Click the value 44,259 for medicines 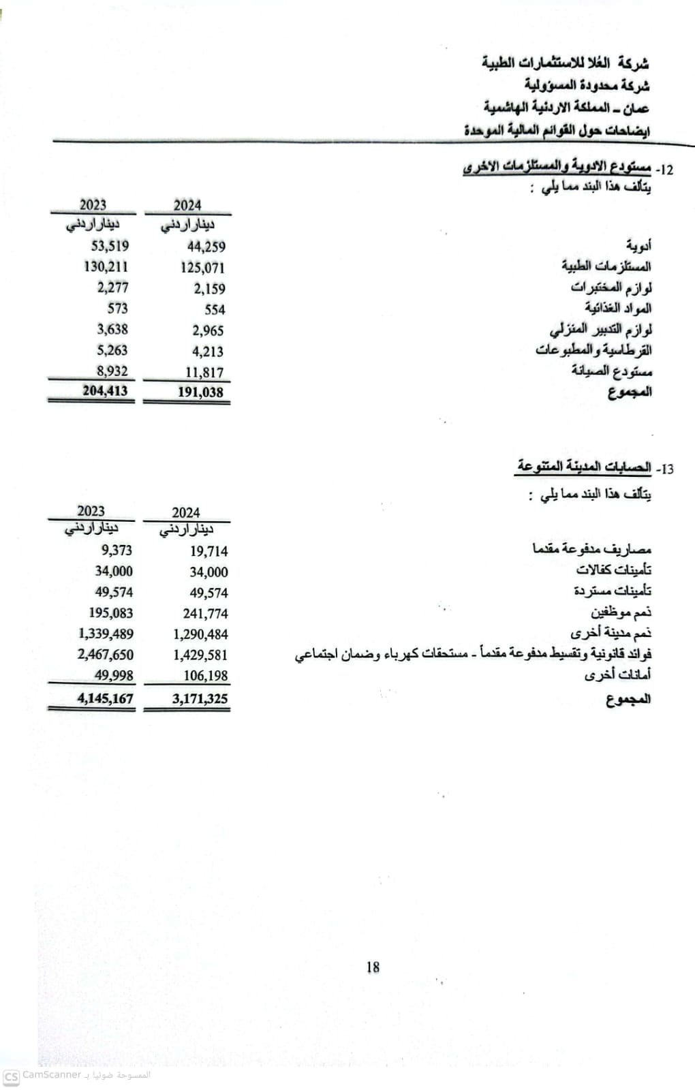pos(206,247)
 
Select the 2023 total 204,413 pos(105,391)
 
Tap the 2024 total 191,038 pos(200,392)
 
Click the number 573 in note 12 pos(117,309)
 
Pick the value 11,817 pos(204,373)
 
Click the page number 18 pos(373,967)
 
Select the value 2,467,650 pos(106,655)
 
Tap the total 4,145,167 pos(106,698)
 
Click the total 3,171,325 pos(200,699)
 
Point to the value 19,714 pos(208,551)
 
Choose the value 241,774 pos(205,614)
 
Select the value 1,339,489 pos(106,634)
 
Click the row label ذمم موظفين pos(621,612)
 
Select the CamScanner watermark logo pos(11,1076)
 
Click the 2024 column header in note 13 pos(186,513)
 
